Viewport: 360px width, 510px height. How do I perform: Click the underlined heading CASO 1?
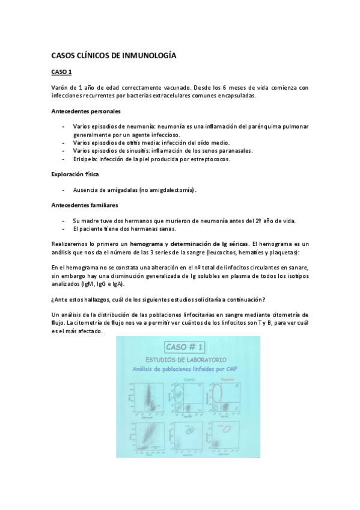point(61,73)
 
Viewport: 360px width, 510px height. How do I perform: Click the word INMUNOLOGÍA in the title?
point(148,56)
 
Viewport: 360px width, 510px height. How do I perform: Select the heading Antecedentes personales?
point(85,111)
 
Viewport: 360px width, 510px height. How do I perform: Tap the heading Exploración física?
point(75,174)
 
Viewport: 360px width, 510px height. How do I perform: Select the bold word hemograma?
point(148,244)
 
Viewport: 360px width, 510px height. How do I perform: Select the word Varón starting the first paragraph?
point(61,88)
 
